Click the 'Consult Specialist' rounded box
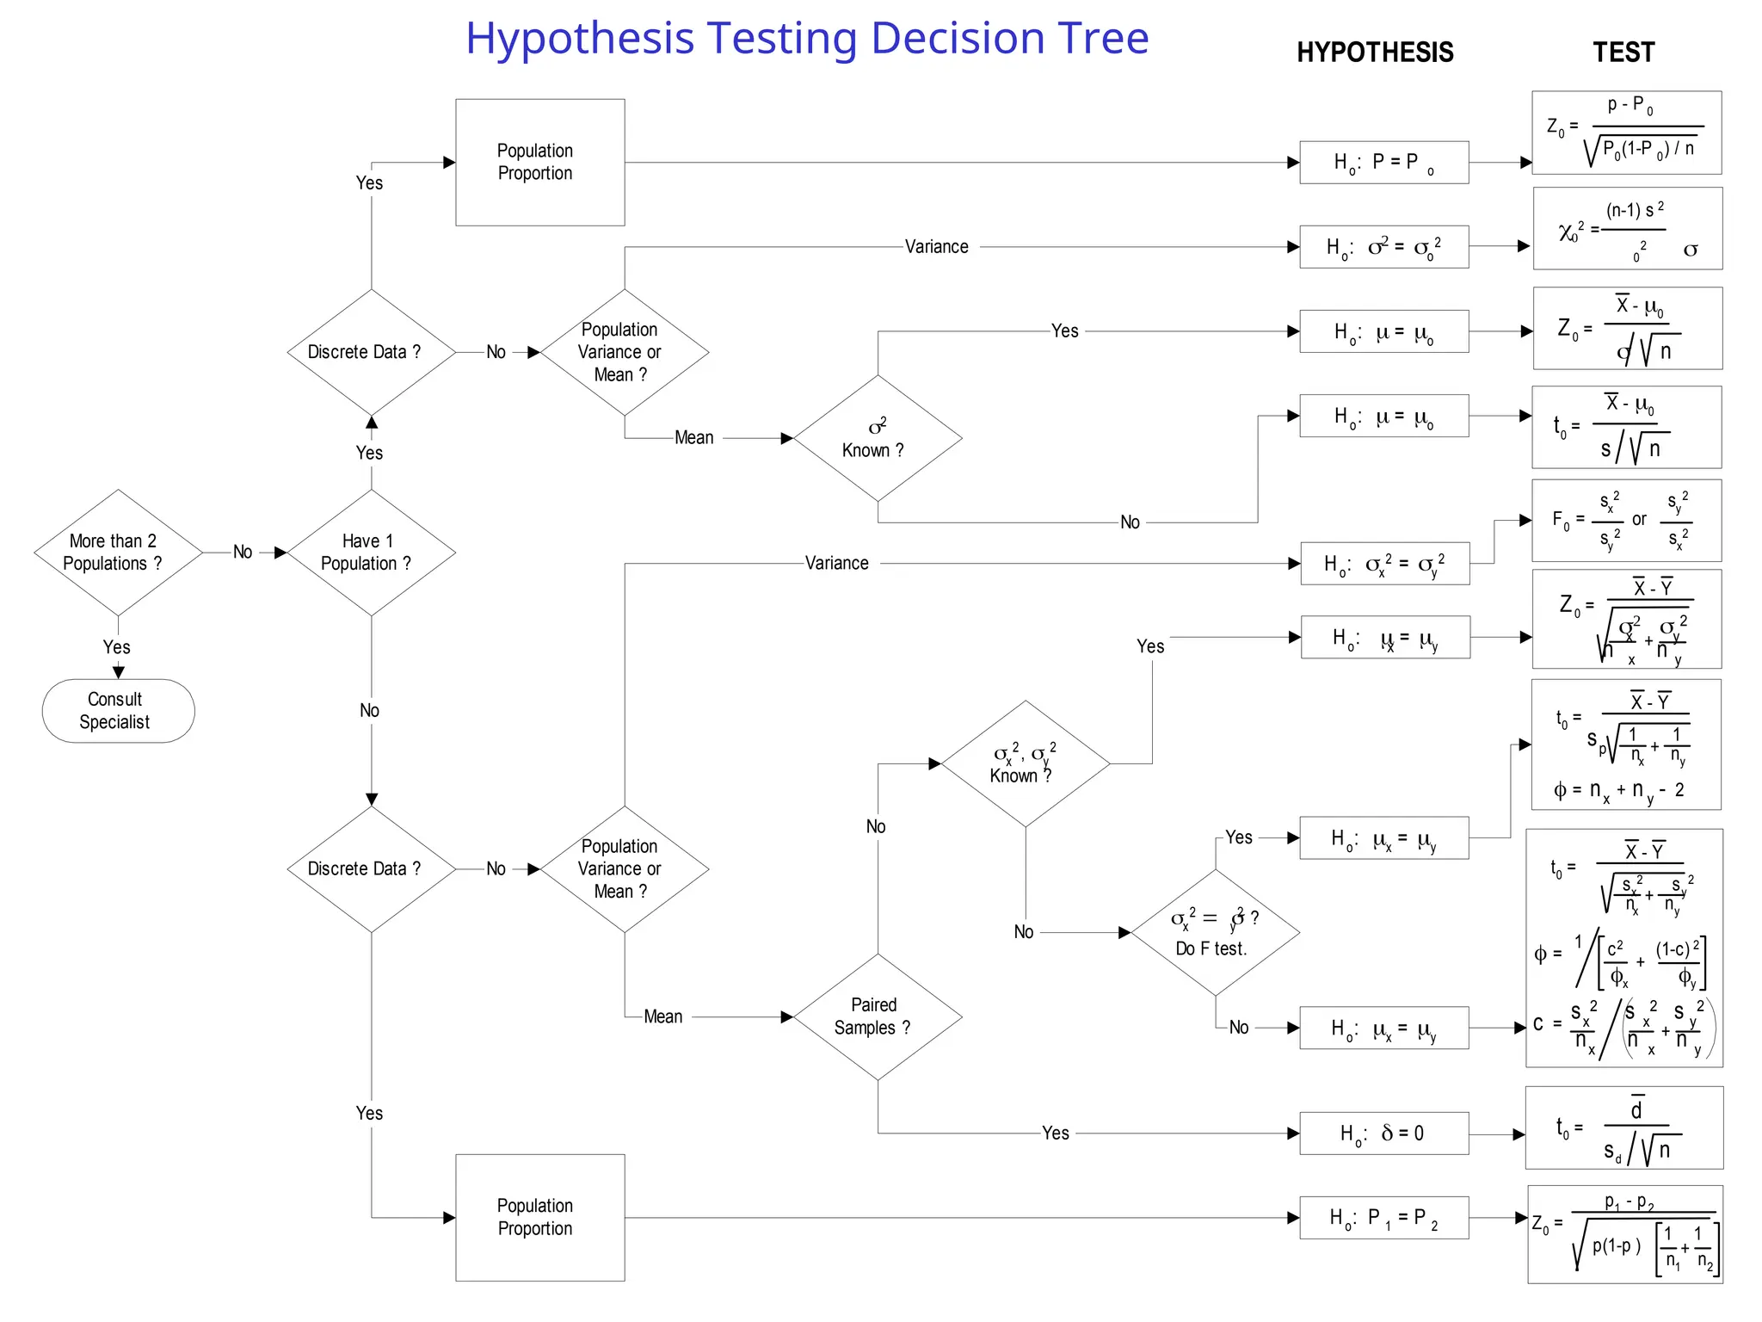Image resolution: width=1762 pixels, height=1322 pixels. tap(118, 711)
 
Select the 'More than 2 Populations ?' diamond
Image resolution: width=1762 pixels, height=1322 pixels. tap(118, 553)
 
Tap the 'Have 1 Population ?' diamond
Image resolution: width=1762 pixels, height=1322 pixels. tap(371, 553)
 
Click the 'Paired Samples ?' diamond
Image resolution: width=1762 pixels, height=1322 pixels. tap(877, 1016)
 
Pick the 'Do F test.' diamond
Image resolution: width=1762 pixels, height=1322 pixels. tap(1214, 933)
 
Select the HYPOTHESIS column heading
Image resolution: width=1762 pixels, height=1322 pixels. tap(1374, 53)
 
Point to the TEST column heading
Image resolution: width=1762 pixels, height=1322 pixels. tap(1623, 53)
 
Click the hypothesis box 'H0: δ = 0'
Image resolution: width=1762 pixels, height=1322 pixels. tap(1383, 1133)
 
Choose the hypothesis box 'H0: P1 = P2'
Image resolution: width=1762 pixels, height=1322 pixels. tap(1383, 1217)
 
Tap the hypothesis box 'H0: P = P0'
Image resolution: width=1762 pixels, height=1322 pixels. tap(1383, 162)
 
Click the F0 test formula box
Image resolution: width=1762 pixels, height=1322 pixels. tap(1626, 521)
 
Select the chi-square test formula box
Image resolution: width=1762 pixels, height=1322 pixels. tap(1627, 229)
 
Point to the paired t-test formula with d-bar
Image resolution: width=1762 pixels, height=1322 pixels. tap(1623, 1127)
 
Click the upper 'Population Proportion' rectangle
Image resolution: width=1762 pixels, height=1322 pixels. tap(539, 162)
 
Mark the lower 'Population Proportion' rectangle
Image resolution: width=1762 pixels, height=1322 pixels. tap(539, 1217)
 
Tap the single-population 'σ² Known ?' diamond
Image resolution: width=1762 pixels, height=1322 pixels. tap(877, 438)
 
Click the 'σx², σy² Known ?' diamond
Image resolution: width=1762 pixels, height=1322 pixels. tap(1025, 763)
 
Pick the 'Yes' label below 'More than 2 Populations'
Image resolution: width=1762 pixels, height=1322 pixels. tap(117, 647)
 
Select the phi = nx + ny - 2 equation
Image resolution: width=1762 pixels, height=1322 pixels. tap(1618, 790)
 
